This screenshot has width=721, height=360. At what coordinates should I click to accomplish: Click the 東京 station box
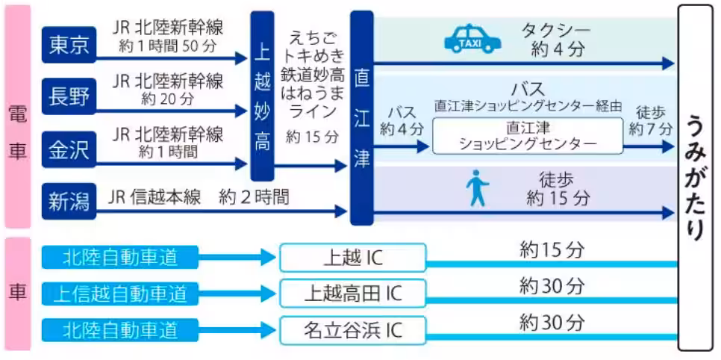pos(69,45)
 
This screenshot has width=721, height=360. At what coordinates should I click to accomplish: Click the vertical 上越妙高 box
pos(262,96)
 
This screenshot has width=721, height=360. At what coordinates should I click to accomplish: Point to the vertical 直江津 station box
pos(361,118)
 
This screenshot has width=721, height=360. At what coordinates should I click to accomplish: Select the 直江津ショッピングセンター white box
pos(528,135)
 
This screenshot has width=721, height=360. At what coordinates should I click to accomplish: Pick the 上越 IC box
pos(352,257)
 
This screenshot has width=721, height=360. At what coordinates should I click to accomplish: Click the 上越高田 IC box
pos(352,293)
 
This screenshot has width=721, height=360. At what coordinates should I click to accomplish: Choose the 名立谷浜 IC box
pos(352,329)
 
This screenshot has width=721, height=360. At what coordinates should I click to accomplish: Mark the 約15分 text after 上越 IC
pos(552,249)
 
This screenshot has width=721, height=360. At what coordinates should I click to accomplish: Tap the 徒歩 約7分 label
pos(646,120)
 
